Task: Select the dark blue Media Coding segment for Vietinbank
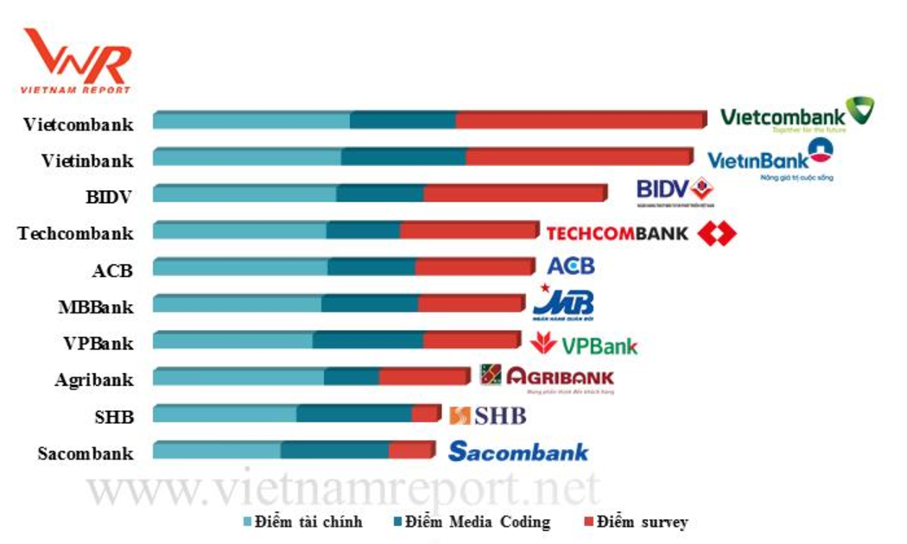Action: (x=403, y=157)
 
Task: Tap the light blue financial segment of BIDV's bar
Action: (x=244, y=193)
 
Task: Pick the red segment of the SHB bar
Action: (x=425, y=414)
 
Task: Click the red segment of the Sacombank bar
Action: (x=410, y=450)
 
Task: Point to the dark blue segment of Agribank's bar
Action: (x=352, y=376)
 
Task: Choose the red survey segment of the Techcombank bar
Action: (x=468, y=231)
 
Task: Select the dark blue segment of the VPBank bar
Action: (x=368, y=340)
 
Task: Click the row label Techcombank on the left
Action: (x=76, y=233)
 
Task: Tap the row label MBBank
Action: (x=96, y=307)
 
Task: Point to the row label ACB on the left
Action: (x=112, y=270)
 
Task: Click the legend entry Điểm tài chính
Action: (x=303, y=522)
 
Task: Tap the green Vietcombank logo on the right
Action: (x=796, y=115)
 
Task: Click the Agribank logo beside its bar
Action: (x=548, y=377)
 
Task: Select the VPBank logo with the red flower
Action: (x=585, y=345)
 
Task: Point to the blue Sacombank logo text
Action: (x=518, y=451)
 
